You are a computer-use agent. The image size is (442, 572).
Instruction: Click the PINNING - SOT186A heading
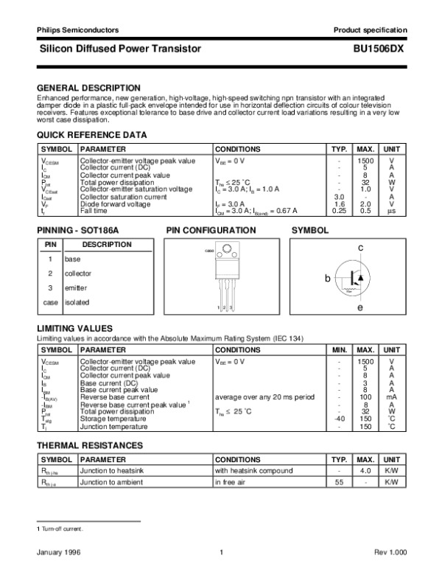coord(77,231)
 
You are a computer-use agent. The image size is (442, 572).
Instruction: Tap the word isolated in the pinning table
coord(77,302)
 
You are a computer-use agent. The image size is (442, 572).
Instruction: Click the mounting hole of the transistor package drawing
coord(219,252)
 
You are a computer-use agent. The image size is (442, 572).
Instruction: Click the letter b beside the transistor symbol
coord(327,279)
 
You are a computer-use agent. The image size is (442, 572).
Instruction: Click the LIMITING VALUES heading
coord(74,328)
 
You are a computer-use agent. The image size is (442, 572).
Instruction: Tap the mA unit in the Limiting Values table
coord(391,397)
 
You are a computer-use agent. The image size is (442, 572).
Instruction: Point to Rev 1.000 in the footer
coord(391,552)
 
